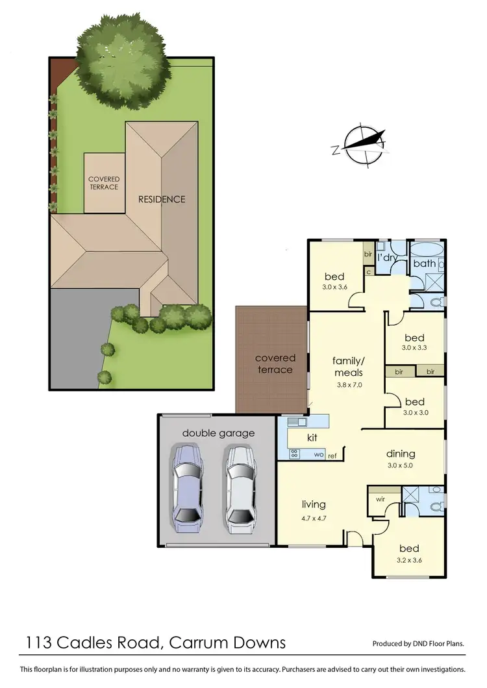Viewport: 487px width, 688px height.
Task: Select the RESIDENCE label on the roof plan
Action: point(162,199)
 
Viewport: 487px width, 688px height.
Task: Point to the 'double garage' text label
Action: point(218,433)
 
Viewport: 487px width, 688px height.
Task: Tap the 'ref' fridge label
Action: point(332,456)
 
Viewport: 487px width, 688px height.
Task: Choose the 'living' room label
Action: point(314,504)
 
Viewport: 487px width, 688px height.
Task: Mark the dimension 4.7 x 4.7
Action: point(314,519)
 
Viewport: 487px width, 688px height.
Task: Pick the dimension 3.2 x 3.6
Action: point(408,560)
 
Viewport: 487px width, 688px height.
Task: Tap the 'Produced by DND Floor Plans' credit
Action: point(418,644)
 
